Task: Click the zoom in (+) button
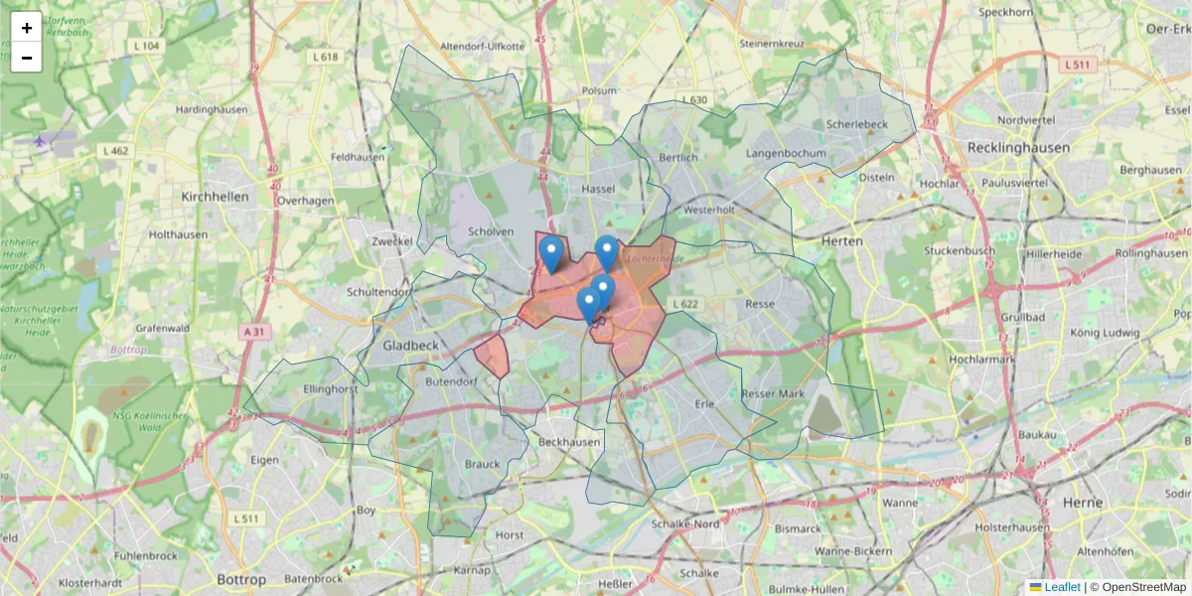[x=27, y=27]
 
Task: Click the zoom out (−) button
[x=27, y=57]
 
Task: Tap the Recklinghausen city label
[x=1019, y=147]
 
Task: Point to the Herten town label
[x=842, y=241]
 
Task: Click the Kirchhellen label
[x=215, y=197]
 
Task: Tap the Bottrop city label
[x=241, y=579]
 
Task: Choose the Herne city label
[x=1082, y=503]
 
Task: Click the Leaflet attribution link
[x=1062, y=587]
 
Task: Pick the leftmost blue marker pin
[x=550, y=254]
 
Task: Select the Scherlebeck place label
[x=856, y=124]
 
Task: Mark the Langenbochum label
[x=786, y=154]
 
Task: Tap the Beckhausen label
[x=568, y=441]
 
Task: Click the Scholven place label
[x=491, y=232]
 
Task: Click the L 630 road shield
[x=694, y=99]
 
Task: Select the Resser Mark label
[x=773, y=394]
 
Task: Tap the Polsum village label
[x=600, y=89]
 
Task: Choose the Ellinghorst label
[x=331, y=389]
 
